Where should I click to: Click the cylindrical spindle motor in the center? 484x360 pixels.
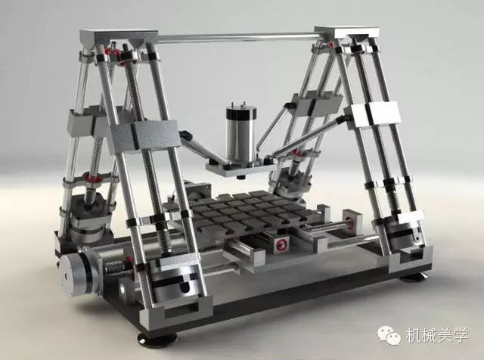click(240, 133)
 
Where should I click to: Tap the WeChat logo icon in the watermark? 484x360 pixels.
click(389, 335)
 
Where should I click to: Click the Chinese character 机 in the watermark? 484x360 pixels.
click(414, 335)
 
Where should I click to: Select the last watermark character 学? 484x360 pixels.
click(461, 335)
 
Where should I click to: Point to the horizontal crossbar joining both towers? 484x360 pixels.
click(237, 38)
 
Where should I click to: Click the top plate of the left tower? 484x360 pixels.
click(119, 36)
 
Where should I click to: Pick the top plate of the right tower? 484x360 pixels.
click(347, 32)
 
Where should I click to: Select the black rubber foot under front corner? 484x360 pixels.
click(157, 337)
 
